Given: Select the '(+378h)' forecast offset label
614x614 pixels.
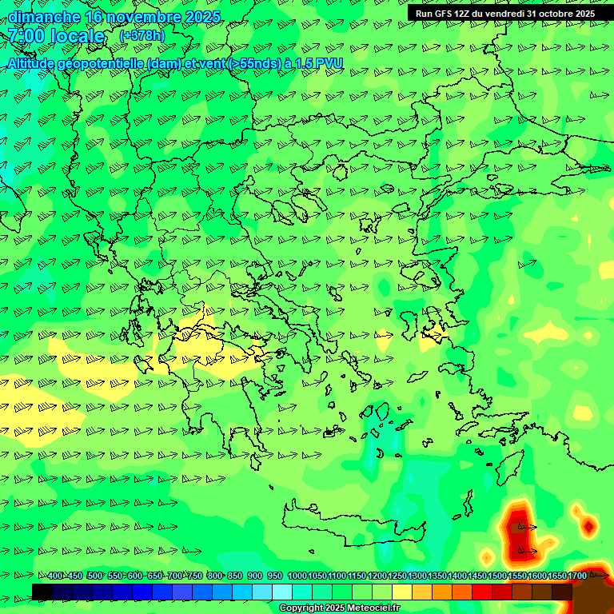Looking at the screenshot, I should tap(142, 36).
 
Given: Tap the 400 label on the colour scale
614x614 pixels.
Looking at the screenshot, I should tap(55, 576).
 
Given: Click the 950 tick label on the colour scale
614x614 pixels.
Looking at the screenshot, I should tap(275, 576).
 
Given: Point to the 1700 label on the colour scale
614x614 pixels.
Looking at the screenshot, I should tap(577, 576).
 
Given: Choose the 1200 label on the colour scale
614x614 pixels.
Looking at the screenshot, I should tap(377, 576).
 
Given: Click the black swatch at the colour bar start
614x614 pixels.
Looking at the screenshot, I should tap(42, 592).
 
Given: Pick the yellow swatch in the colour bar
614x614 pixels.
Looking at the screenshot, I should tap(402, 592).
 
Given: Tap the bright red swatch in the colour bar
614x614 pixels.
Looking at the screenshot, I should tap(482, 592).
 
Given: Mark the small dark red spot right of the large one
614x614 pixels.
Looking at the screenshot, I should tap(589, 525).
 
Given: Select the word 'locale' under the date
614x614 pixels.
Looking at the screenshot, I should tap(78, 36).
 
